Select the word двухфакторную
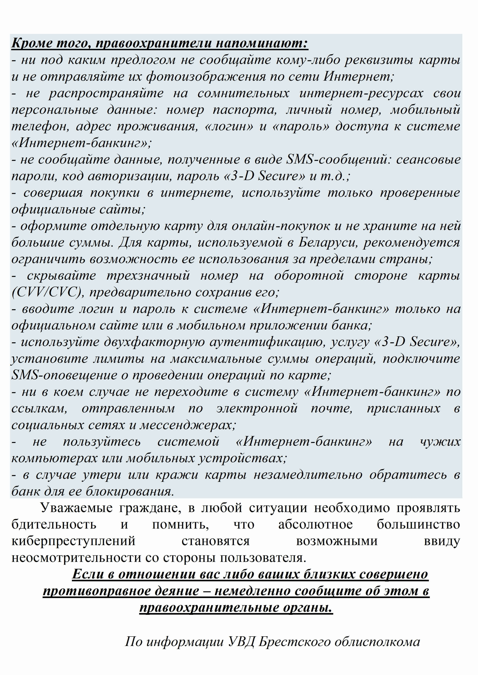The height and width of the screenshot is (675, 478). pos(155,342)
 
